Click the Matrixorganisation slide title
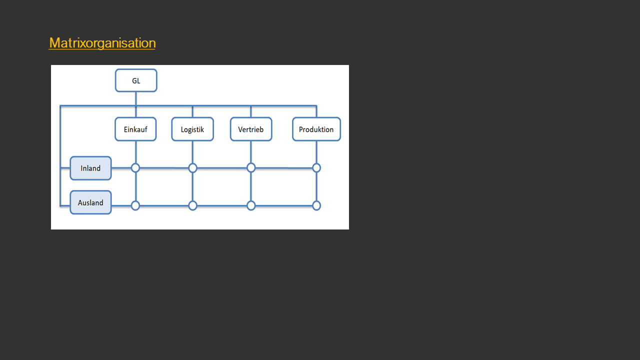(x=102, y=43)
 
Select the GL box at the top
(x=136, y=80)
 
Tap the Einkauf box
(x=135, y=129)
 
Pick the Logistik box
(x=192, y=129)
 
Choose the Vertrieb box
(x=251, y=129)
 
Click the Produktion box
(x=316, y=129)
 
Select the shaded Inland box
(x=90, y=168)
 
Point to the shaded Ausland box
(x=90, y=202)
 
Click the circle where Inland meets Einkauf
(x=135, y=168)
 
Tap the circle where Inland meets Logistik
(x=193, y=168)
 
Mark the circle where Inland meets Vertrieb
(x=251, y=167)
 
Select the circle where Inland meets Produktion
(x=316, y=168)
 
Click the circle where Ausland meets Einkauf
(x=135, y=205)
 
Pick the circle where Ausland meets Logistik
(x=193, y=205)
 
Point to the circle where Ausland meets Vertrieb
(x=251, y=205)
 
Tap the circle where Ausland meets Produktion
(x=316, y=205)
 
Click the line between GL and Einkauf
(x=135, y=104)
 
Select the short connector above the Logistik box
(x=192, y=111)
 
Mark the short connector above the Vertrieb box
(x=251, y=111)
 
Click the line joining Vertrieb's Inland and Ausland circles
(x=251, y=187)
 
